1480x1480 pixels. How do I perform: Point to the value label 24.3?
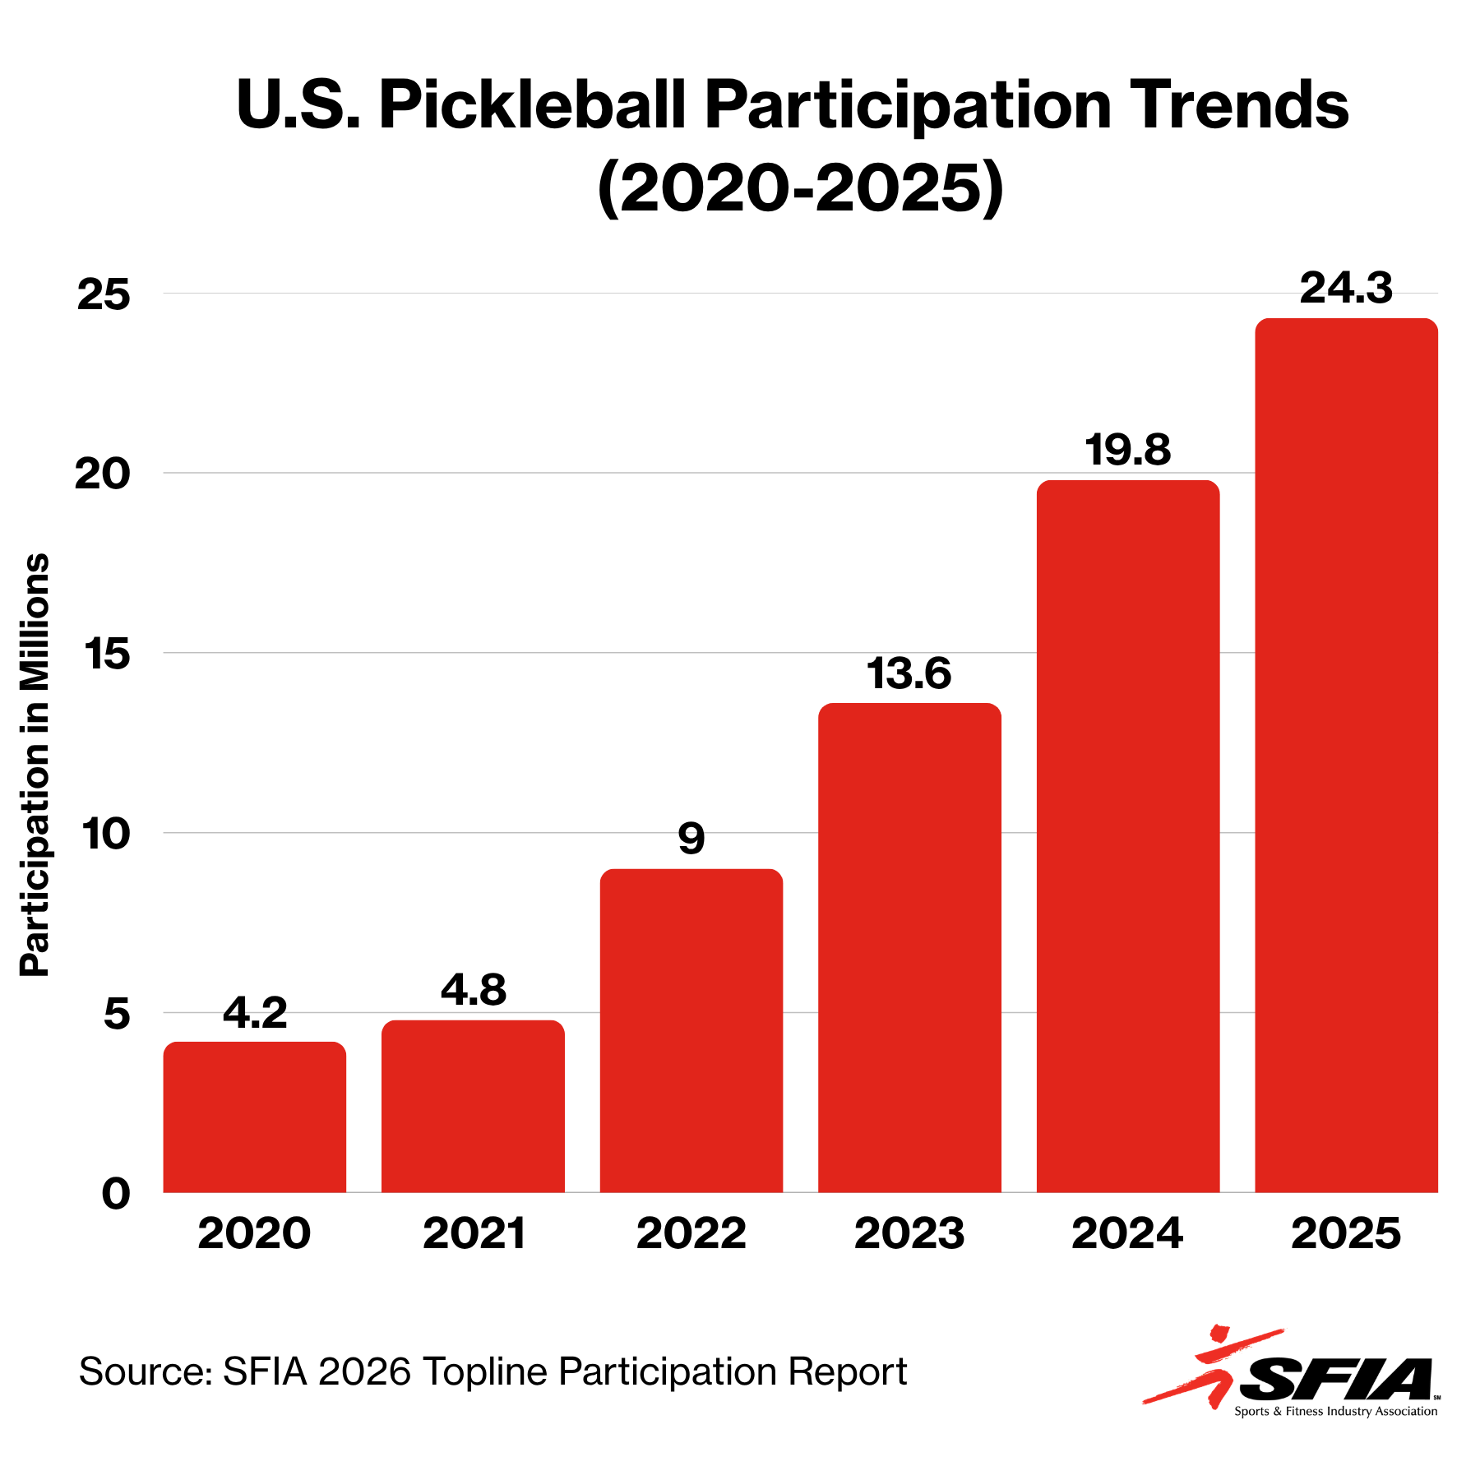1346,289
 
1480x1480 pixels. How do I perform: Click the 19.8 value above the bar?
1128,451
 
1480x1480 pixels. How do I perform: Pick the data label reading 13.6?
909,673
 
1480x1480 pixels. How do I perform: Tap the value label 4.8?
474,990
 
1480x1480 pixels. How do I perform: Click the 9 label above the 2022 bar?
691,839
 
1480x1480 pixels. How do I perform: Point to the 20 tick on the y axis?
103,474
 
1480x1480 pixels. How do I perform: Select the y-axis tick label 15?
105,654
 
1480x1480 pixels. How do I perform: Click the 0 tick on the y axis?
116,1193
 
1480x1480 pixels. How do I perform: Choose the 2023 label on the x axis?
909,1233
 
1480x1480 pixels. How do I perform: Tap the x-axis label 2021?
474,1233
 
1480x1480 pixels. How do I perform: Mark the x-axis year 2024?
1127,1233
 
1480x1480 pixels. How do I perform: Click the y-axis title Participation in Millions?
35,765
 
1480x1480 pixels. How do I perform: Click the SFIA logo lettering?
1337,1379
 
